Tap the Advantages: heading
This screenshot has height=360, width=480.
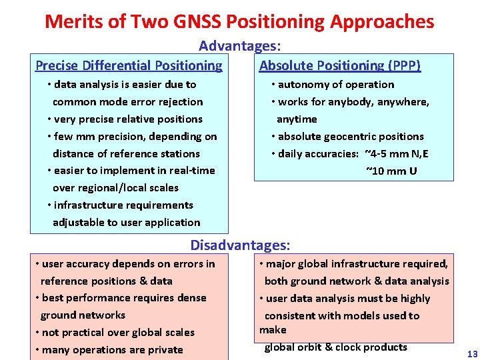[239, 46]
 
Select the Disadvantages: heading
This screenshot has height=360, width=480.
[240, 245]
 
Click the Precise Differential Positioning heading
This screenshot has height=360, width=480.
[129, 65]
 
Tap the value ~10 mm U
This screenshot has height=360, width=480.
[391, 171]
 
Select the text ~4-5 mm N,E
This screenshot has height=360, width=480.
[397, 153]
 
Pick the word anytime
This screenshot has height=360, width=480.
[297, 119]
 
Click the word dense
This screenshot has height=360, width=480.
[191, 297]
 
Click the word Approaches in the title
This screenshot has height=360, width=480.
[381, 21]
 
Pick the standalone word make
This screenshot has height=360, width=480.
[273, 329]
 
